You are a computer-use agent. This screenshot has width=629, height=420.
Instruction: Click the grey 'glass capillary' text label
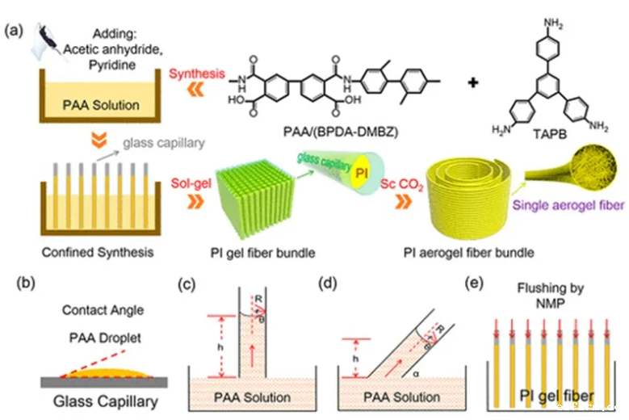click(x=157, y=144)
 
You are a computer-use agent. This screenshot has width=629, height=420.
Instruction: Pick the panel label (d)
click(x=329, y=283)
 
